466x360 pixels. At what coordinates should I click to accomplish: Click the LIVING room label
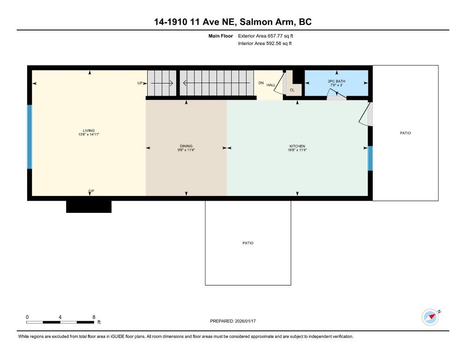tap(89, 130)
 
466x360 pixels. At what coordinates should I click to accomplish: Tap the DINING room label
tap(186, 146)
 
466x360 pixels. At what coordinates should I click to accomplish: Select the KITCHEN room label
tap(297, 146)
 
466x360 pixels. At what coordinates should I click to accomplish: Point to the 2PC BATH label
tap(337, 81)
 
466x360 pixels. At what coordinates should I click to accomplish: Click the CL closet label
tap(292, 90)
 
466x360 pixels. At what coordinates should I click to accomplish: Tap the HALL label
tap(271, 85)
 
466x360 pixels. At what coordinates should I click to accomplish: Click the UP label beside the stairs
tap(140, 83)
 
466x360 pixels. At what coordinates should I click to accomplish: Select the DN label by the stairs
tap(261, 83)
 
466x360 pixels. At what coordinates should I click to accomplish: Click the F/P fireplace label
tap(91, 191)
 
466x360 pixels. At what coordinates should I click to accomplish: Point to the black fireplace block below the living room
tap(89, 207)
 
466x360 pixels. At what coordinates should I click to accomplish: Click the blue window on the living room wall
tap(30, 137)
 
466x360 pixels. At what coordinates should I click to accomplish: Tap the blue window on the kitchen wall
tap(370, 158)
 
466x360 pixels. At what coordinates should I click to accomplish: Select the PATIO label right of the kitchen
tap(406, 133)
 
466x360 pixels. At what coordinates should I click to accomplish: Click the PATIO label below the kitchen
tap(248, 243)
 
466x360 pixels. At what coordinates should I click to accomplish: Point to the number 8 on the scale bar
tap(94, 317)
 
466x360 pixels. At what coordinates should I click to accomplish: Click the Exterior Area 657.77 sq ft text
tap(265, 36)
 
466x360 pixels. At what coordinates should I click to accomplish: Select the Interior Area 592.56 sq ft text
tap(265, 44)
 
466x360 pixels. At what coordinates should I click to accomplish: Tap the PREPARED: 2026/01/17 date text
tap(233, 321)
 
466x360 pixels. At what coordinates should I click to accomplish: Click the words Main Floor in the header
tap(220, 36)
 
